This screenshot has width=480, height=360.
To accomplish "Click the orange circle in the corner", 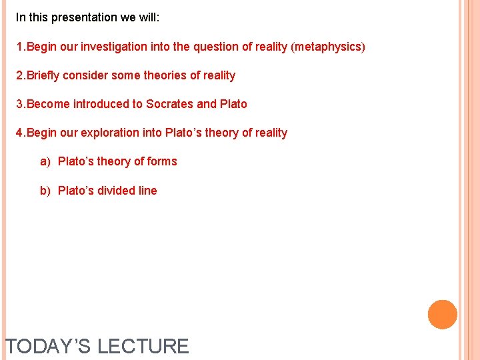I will tap(443, 315).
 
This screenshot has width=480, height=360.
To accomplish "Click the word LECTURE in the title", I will tap(143, 347).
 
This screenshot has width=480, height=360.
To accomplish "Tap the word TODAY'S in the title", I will tap(48, 347).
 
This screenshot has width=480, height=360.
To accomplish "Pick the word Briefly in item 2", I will tap(43, 75).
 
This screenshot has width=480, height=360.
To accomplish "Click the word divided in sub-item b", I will tap(117, 191).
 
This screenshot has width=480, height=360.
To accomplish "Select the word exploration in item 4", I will tap(109, 133).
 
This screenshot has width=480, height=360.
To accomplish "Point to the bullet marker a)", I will tap(45, 161).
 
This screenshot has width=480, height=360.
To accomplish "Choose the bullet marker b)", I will tap(45, 191).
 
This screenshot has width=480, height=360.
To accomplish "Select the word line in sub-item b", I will tap(147, 191).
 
